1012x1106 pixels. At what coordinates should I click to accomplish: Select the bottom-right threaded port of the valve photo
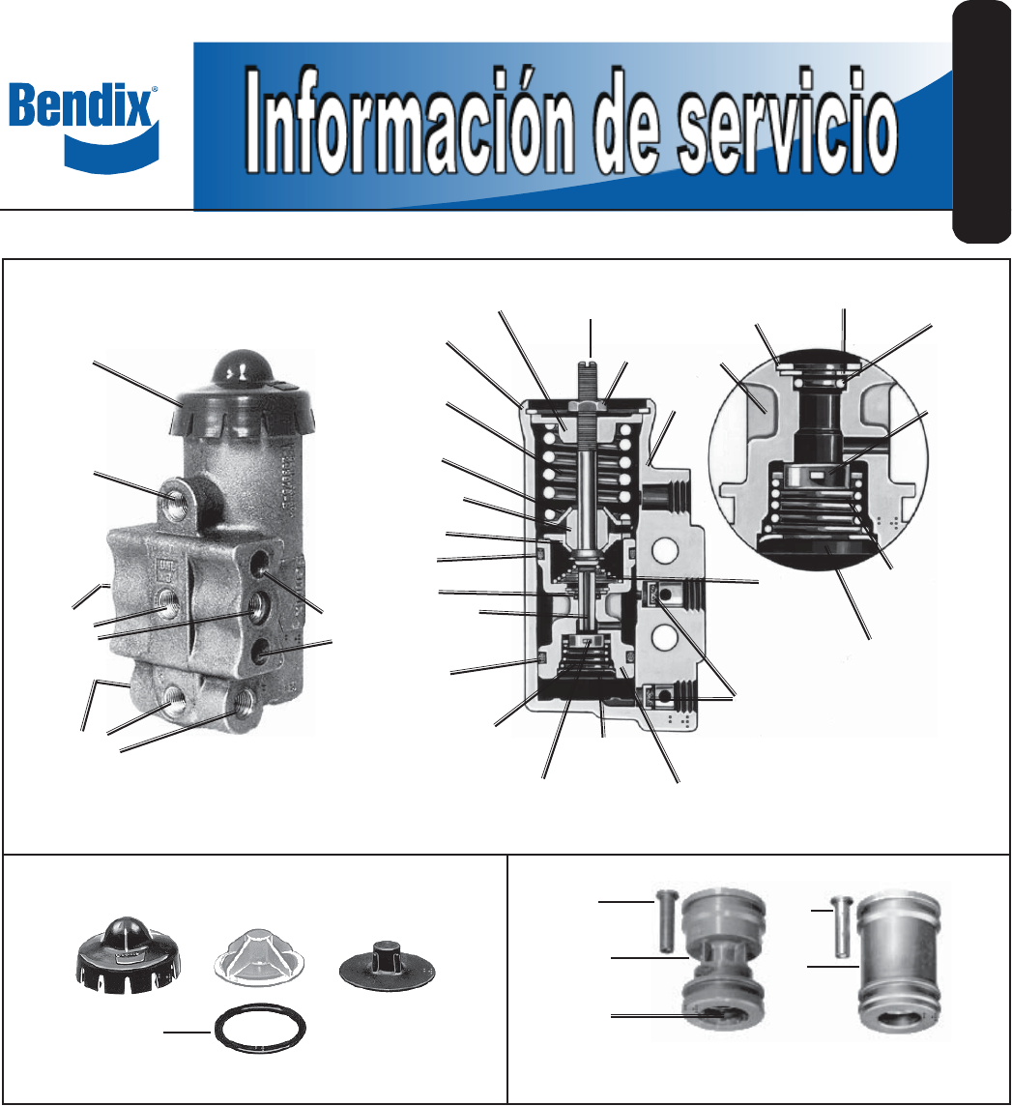pyautogui.click(x=243, y=698)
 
